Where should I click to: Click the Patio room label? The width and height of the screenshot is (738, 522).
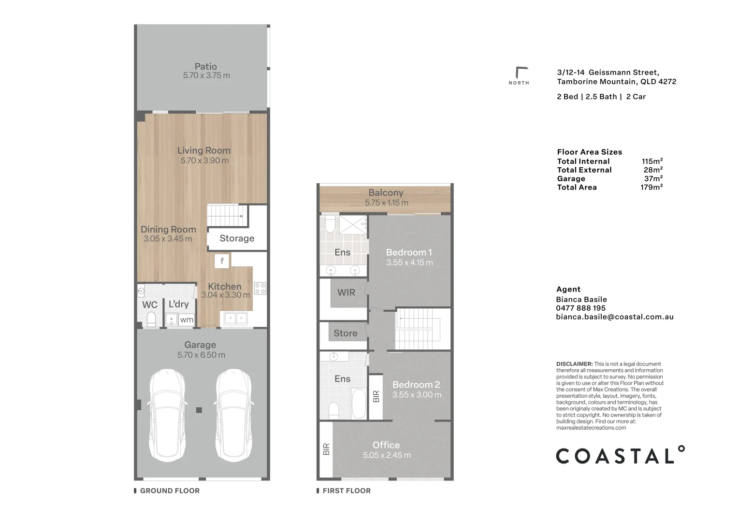205,66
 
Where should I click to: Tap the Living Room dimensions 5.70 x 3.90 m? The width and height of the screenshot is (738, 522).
204,160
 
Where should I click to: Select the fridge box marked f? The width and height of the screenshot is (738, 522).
222,261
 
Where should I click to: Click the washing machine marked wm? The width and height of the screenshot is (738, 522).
187,319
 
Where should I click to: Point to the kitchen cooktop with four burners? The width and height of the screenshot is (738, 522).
260,289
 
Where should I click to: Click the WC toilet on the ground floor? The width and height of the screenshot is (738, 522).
151,319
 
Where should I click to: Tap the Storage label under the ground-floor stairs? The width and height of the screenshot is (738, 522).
237,238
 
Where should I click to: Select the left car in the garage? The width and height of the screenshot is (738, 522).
167,415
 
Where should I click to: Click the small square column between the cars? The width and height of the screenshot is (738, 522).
199,410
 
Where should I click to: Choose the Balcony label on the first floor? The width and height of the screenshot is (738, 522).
386,192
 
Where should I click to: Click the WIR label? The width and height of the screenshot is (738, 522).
346,292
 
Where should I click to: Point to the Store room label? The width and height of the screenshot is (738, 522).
345,333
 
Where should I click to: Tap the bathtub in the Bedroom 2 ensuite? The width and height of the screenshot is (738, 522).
359,404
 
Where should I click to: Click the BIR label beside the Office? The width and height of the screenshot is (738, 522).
326,449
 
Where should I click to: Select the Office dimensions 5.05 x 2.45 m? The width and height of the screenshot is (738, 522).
387,455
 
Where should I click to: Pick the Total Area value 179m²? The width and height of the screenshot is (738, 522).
651,187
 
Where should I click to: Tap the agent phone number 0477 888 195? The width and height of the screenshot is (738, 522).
580,308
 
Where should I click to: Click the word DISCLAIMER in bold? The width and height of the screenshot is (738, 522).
574,364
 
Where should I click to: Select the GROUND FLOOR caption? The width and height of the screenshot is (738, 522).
170,491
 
